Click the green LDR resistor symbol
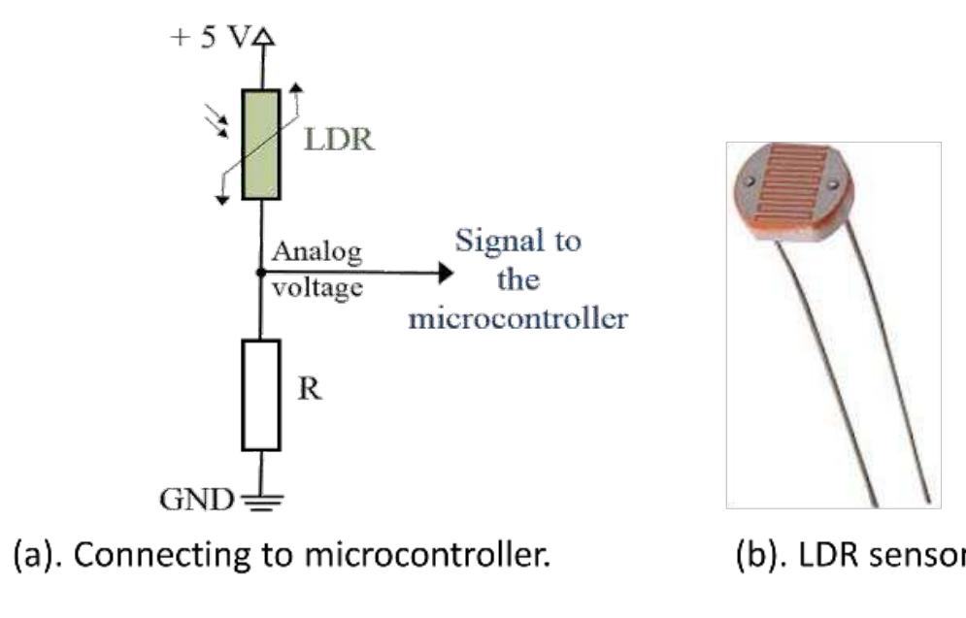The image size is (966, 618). [260, 145]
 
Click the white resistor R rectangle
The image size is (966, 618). [260, 395]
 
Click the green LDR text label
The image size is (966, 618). [339, 139]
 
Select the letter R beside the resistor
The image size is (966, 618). [308, 390]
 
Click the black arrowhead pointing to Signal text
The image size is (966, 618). [445, 274]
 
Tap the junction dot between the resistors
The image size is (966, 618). [260, 274]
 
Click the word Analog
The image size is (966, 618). [316, 253]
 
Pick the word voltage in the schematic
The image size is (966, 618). [316, 288]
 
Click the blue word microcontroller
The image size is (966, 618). [516, 318]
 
